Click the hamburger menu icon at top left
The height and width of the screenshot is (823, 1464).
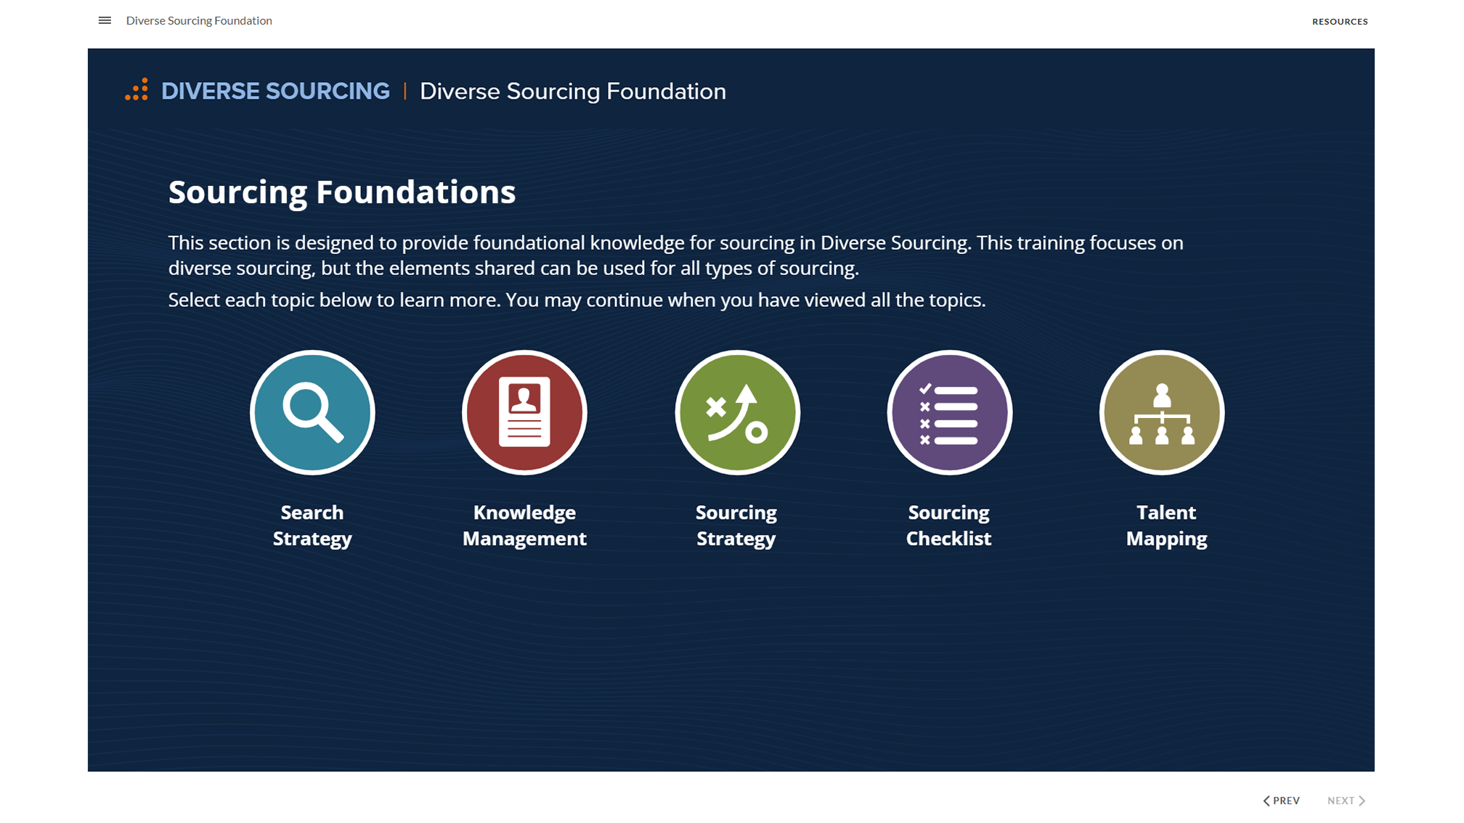105,20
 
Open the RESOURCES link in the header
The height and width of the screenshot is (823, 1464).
1339,22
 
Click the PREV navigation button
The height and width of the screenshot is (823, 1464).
1282,801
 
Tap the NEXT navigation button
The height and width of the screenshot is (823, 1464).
1346,801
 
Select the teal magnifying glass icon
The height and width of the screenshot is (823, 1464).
312,413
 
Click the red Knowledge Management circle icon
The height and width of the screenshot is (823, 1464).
524,413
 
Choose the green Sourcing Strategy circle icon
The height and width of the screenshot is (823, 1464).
737,413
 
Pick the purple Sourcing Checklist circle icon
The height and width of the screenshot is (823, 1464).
949,413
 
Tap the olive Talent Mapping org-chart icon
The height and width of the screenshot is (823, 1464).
1161,413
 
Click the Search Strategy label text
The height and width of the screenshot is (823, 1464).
312,525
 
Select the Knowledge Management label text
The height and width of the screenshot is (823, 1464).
524,525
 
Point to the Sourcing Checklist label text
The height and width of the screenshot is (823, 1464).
948,525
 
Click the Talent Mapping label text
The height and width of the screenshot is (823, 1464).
1166,525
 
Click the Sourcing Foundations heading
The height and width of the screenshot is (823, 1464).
341,192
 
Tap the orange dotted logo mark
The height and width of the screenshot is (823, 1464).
137,90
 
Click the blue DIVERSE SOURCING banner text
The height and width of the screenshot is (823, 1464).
275,91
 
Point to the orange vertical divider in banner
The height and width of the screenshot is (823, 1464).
404,91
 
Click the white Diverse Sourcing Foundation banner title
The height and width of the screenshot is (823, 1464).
572,91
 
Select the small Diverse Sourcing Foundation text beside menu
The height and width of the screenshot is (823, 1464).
199,20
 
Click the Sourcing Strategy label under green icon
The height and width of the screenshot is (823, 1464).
736,525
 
